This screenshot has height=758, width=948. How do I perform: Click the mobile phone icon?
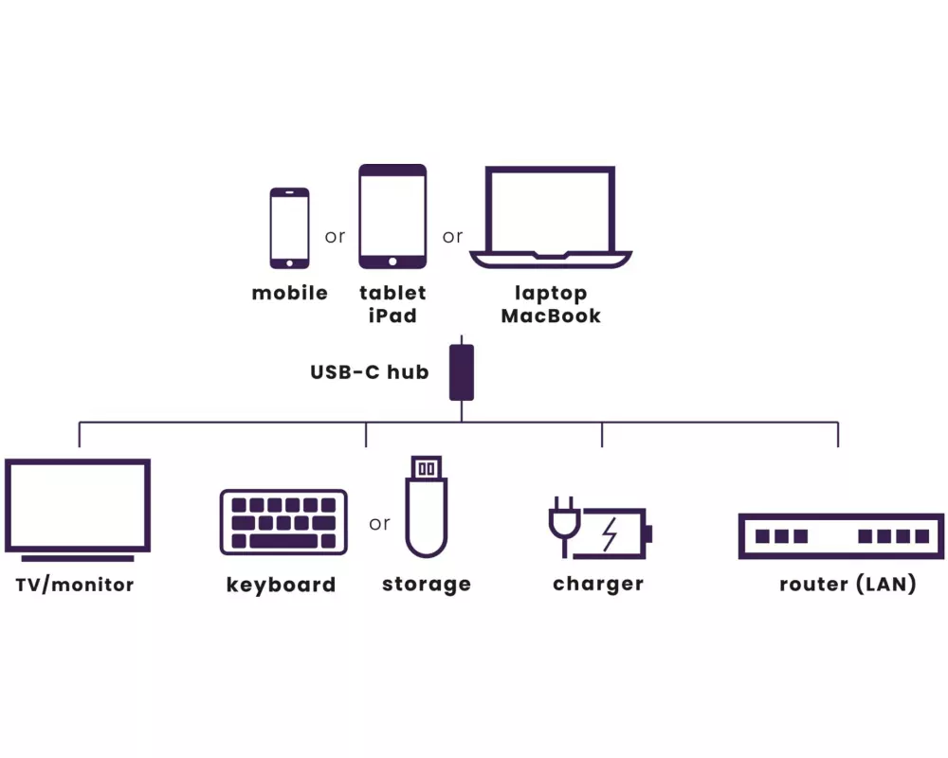click(x=289, y=227)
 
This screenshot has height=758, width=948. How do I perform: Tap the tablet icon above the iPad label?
click(x=392, y=216)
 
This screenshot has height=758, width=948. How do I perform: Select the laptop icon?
click(x=550, y=219)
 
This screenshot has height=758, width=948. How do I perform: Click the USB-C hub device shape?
click(x=462, y=371)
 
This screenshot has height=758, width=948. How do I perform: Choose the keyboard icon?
click(x=283, y=522)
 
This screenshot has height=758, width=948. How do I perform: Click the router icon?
click(x=841, y=536)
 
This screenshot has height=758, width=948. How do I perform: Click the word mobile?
click(x=290, y=294)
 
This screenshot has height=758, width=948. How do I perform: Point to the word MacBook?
click(x=551, y=316)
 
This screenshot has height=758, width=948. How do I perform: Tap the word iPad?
click(x=392, y=316)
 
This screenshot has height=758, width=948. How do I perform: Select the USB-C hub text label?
click(x=369, y=372)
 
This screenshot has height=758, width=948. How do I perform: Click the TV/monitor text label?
click(x=75, y=585)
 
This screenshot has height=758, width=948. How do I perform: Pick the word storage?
click(x=426, y=585)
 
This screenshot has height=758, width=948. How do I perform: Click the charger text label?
click(x=598, y=585)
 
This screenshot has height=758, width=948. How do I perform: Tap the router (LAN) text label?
click(x=848, y=585)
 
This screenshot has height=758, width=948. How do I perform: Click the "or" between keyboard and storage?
click(x=379, y=524)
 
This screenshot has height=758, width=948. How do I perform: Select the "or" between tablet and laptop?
click(x=452, y=236)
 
